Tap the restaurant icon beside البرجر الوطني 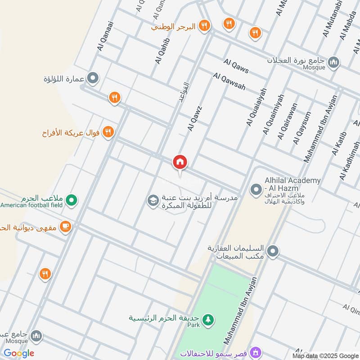[205, 26]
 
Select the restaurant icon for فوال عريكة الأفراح [108, 132]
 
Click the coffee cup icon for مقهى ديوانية [66, 227]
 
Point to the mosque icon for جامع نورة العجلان [333, 62]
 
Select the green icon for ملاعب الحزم [72, 201]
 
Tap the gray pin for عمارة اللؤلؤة [93, 79]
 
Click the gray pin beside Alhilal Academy [256, 190]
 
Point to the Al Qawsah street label [229, 82]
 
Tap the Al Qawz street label [195, 119]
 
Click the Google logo [19, 353]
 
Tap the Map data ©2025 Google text [325, 355]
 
